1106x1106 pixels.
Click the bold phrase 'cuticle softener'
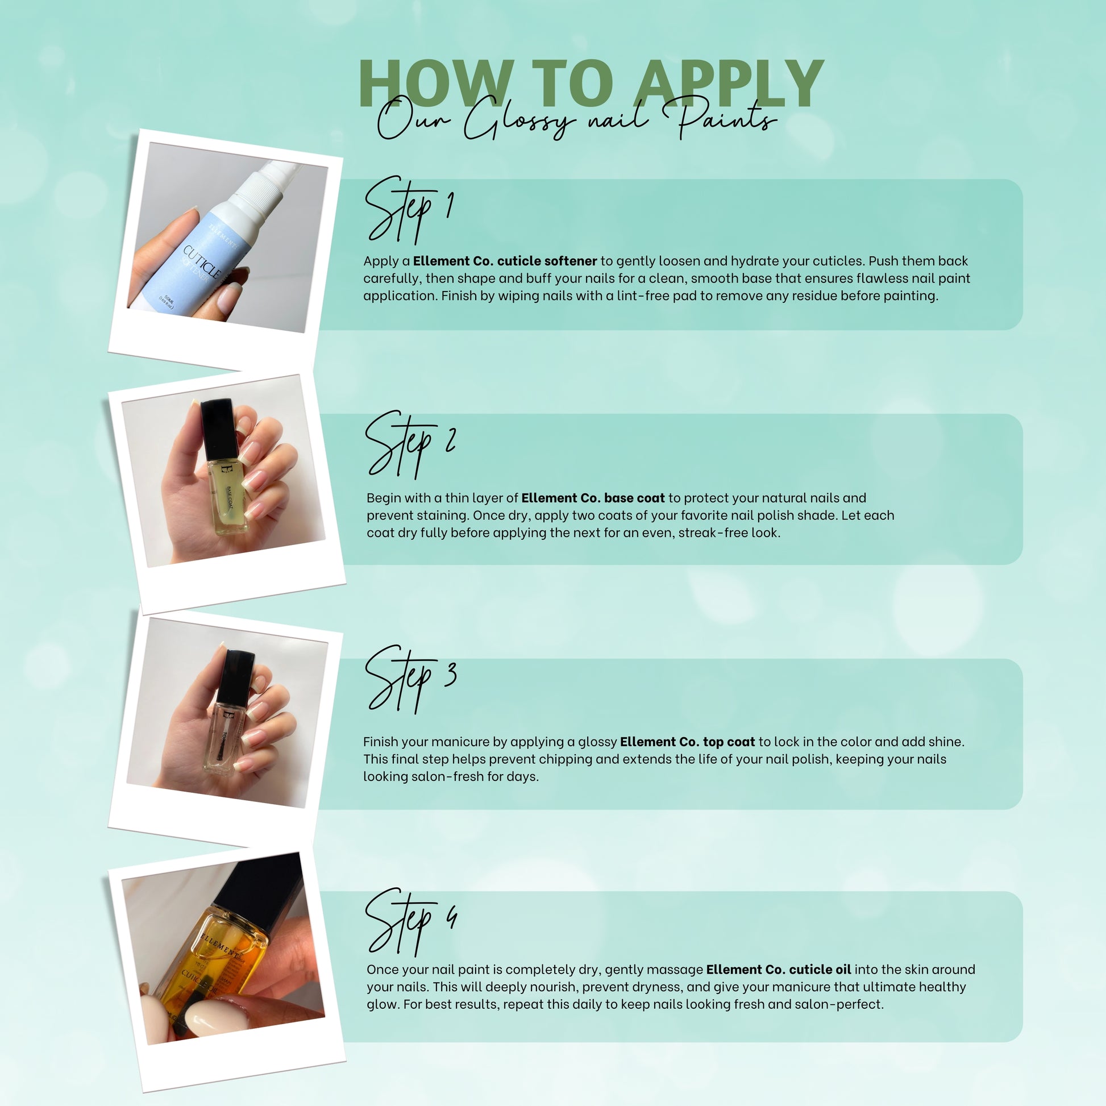point(547,261)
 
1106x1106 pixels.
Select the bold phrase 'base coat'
point(634,497)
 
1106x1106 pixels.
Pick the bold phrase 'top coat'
point(729,742)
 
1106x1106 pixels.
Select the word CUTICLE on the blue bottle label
point(202,262)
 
